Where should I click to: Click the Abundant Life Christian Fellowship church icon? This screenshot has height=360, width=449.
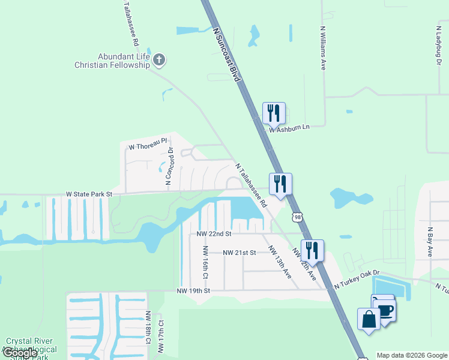tap(159, 59)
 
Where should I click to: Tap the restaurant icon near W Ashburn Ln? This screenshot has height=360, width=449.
tap(274, 113)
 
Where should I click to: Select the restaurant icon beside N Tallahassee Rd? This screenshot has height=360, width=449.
tap(280, 183)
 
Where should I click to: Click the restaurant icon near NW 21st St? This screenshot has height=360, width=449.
tap(312, 250)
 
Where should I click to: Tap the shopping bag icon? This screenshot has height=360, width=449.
tap(369, 319)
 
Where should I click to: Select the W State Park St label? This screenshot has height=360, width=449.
tap(89, 194)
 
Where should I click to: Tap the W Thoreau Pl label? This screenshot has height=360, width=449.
tap(146, 144)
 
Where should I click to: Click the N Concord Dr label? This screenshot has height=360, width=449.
tap(169, 166)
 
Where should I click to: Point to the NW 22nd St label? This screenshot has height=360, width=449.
tap(214, 233)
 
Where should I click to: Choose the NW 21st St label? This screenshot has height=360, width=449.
tap(239, 253)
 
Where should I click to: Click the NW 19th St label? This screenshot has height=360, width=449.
tap(193, 291)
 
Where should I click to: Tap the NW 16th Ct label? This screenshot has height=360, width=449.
tap(205, 262)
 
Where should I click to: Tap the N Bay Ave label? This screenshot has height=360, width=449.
tap(430, 242)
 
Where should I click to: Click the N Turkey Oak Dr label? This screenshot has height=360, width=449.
tap(357, 280)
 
